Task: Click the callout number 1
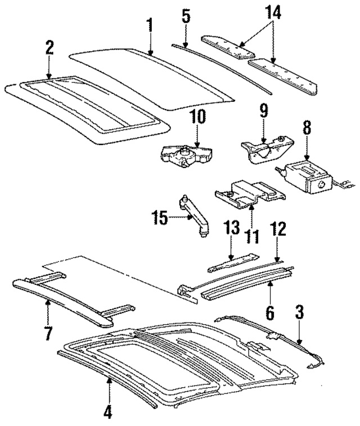coord(150,25)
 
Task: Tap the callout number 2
coord(49,47)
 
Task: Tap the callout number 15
coord(160,216)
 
